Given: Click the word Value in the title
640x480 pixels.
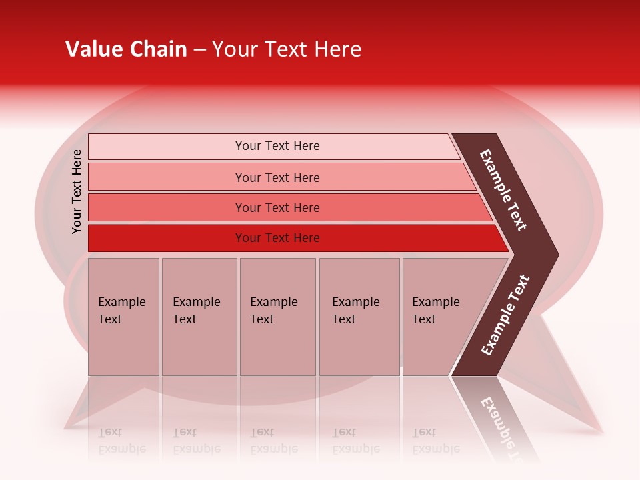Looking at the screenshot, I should click(x=93, y=49).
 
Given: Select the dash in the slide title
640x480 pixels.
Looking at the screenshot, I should click(x=199, y=50).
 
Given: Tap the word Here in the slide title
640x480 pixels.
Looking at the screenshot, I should click(x=337, y=49).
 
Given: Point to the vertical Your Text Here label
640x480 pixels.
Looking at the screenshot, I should click(x=77, y=192).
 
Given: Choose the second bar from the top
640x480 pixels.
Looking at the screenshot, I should click(x=277, y=177).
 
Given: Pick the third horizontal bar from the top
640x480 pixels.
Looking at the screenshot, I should click(x=277, y=207).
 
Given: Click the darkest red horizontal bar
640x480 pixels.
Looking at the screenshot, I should click(x=277, y=238).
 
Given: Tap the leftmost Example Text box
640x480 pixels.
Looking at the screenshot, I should click(x=123, y=317).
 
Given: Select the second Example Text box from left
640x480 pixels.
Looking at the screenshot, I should click(x=199, y=317).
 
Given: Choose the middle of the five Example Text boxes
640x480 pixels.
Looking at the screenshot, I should click(x=277, y=317).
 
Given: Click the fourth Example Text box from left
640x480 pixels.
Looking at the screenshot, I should click(x=359, y=317).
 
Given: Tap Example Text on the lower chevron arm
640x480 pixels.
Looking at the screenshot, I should click(x=505, y=315).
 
